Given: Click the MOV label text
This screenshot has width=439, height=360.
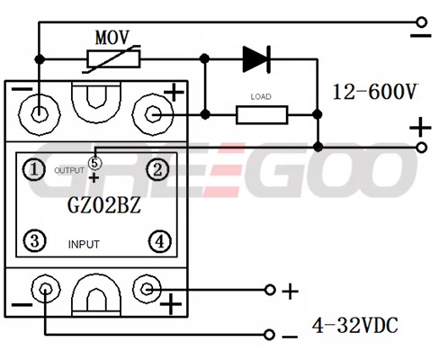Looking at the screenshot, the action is [112, 38].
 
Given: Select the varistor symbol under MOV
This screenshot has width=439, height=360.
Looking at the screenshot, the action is [113, 59].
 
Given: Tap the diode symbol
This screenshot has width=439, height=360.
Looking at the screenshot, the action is [256, 59].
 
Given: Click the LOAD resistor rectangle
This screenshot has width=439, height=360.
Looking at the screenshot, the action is [262, 114].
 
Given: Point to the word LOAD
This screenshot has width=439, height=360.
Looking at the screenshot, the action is [261, 96].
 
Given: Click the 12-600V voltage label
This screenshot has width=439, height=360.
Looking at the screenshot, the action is [375, 92].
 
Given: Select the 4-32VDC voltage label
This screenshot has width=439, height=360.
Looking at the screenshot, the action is [355, 325].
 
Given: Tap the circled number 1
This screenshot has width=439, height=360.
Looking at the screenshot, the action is [34, 169].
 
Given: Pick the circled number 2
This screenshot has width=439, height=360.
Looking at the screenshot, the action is [157, 169].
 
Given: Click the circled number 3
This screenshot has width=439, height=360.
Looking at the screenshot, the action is [35, 240].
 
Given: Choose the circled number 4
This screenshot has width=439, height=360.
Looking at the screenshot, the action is [160, 241].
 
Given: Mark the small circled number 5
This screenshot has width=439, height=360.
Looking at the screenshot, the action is [94, 164].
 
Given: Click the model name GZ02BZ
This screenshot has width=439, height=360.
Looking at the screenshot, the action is [103, 205].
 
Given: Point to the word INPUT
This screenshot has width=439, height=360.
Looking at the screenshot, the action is [84, 245].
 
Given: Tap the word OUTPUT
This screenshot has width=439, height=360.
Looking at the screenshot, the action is [69, 170].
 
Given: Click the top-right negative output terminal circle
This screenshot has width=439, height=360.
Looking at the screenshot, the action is [422, 22].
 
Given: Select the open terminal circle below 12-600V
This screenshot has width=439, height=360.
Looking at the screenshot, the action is [422, 148].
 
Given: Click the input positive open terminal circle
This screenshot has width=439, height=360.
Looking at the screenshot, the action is [270, 290].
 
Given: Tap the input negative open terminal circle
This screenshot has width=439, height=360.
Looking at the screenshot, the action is [269, 334].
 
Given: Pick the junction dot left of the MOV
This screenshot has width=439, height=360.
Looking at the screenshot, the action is [40, 59].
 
